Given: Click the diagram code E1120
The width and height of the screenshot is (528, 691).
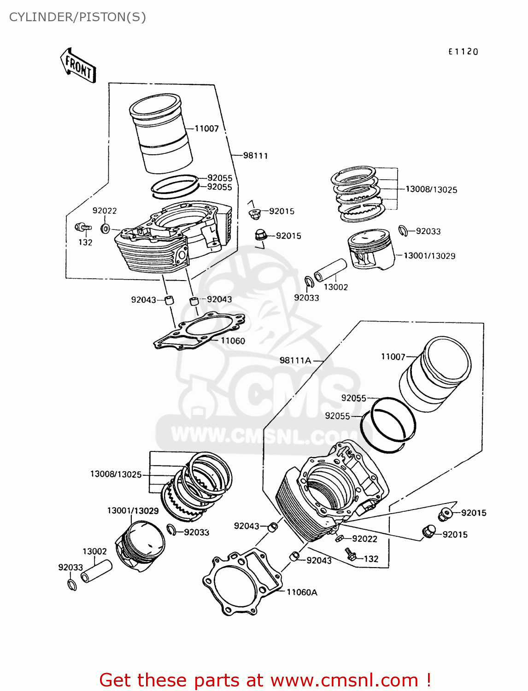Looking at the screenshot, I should [463, 52].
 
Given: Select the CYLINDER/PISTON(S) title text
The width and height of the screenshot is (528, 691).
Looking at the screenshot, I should [77, 17].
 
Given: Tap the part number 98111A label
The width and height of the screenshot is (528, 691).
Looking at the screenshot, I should [295, 360].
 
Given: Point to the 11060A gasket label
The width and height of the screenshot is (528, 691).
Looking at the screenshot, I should [302, 592].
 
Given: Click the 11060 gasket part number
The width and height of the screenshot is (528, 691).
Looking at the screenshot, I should [233, 341].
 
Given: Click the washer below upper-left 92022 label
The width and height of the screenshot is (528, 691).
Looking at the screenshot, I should [106, 228].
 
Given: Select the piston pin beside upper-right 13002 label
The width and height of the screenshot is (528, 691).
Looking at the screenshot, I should [330, 270].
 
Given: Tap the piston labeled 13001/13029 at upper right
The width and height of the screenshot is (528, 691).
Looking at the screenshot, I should [371, 249].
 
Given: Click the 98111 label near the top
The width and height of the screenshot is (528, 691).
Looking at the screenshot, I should [255, 156].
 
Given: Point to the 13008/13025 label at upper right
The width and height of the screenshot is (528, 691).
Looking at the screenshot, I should [431, 189].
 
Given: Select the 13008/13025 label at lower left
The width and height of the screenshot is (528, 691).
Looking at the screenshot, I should [116, 474].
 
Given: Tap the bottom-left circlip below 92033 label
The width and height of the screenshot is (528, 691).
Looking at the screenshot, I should [72, 585].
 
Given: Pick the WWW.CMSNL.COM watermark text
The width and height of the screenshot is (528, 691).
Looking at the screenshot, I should [263, 435].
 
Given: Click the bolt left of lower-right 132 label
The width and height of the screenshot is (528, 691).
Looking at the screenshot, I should [351, 554].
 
